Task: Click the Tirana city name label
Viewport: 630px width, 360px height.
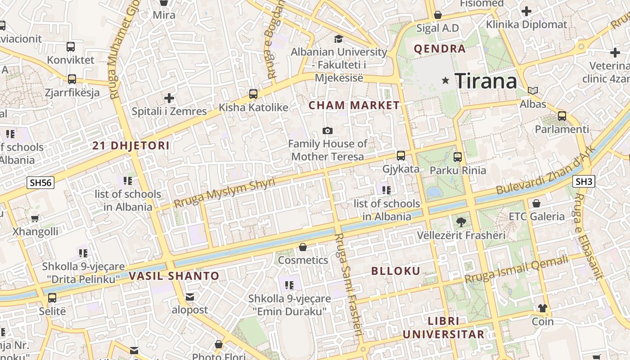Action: (486, 81)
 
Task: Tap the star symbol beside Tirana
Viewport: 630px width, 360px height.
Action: (445, 81)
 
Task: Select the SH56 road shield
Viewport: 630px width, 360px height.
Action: (40, 183)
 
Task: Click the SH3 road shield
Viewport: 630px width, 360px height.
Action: (584, 182)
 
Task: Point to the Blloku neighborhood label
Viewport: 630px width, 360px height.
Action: (396, 271)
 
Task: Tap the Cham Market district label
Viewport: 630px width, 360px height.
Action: (354, 106)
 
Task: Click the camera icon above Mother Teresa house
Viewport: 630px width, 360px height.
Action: (328, 131)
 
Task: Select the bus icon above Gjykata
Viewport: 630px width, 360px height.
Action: (400, 156)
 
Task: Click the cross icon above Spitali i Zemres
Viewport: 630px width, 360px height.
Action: (169, 98)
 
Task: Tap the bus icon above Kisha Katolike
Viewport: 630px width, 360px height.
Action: (253, 94)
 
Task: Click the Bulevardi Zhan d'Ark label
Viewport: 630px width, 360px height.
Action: (546, 171)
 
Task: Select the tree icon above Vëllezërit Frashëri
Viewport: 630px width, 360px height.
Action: (461, 221)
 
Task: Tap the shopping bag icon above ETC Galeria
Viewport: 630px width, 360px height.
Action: (536, 203)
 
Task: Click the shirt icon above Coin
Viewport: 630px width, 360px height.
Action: (543, 308)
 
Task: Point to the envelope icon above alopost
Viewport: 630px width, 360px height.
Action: (189, 297)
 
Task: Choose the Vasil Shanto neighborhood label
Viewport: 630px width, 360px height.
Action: (174, 276)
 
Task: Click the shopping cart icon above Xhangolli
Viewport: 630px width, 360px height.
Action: (35, 219)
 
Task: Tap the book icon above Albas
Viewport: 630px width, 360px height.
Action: (533, 90)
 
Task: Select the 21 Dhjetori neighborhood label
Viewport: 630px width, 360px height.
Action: (131, 146)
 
